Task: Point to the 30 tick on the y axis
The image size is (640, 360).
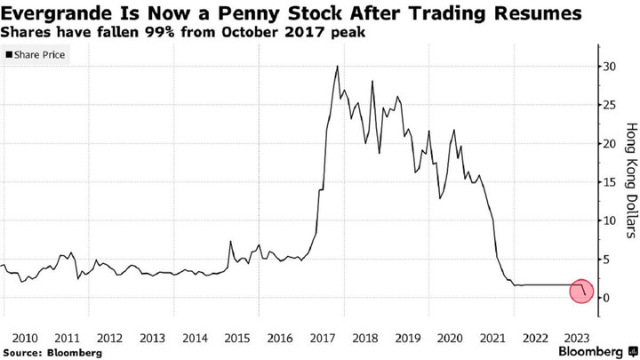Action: click(608, 67)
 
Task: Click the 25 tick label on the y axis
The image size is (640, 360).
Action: click(608, 105)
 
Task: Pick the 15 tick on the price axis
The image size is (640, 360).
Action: click(608, 182)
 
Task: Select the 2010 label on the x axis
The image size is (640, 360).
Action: click(24, 338)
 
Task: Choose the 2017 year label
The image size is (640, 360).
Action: click(322, 338)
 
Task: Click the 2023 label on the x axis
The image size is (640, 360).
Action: click(577, 338)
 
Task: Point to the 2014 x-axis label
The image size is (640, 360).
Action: click(195, 338)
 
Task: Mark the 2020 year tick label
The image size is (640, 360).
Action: click(449, 338)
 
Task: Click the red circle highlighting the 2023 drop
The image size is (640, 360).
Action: click(580, 290)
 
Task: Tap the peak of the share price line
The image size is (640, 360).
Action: click(337, 67)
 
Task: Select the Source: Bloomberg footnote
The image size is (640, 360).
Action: click(52, 353)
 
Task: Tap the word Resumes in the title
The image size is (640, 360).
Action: click(540, 13)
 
